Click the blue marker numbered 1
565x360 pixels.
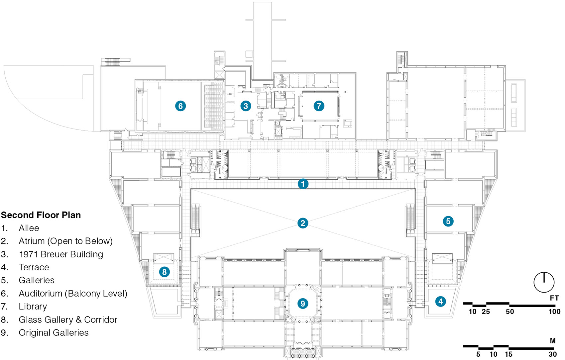pos(303,184)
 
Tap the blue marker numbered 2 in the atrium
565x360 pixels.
pos(302,223)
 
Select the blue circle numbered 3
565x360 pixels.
pos(246,106)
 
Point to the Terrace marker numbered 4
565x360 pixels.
pos(441,301)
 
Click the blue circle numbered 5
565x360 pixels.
pos(448,221)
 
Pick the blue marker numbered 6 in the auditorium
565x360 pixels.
pos(180,106)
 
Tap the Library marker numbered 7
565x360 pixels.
pos(319,106)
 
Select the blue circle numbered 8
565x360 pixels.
pos(164,272)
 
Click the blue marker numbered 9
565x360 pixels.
pos(302,303)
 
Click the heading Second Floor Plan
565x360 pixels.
pos(41,215)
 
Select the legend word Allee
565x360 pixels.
pos(29,228)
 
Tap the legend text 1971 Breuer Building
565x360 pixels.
pos(61,254)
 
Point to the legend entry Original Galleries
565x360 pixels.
pos(54,333)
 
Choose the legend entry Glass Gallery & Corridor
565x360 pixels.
pos(68,319)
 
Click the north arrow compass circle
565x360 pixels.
pos(544,282)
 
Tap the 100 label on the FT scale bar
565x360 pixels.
pos(554,312)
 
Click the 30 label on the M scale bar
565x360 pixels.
pos(552,354)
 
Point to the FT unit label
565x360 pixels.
pos(554,298)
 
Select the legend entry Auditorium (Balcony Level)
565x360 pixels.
pos(73,294)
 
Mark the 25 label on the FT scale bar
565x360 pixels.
pos(486,312)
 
